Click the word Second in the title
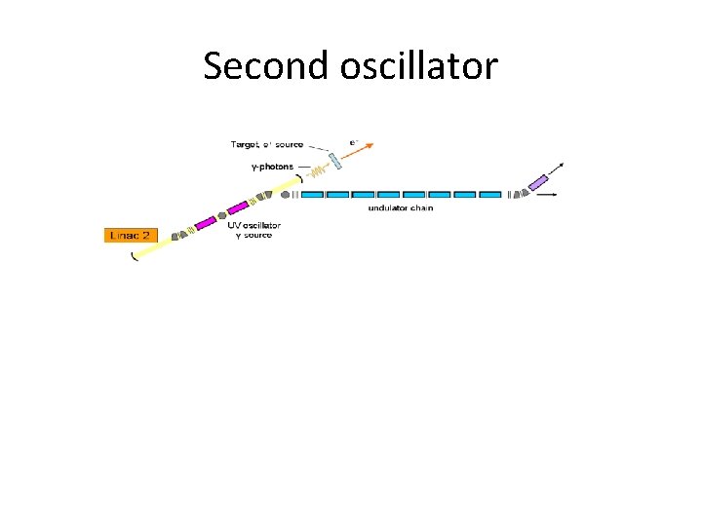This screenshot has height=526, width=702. (267, 66)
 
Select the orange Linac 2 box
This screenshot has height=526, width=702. (131, 235)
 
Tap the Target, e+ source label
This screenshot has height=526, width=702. (266, 145)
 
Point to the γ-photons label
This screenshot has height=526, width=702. (271, 167)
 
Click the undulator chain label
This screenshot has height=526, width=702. (400, 207)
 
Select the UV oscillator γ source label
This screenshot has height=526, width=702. (254, 230)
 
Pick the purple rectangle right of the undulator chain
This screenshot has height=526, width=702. (538, 182)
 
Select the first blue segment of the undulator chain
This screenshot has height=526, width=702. (313, 195)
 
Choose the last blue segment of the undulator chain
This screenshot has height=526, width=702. (490, 195)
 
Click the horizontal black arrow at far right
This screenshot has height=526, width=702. (548, 195)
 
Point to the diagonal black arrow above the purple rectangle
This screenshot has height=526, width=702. (557, 169)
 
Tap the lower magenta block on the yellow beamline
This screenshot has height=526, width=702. (206, 224)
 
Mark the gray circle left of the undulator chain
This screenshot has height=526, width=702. (286, 195)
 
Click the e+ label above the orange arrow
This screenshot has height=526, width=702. (354, 141)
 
